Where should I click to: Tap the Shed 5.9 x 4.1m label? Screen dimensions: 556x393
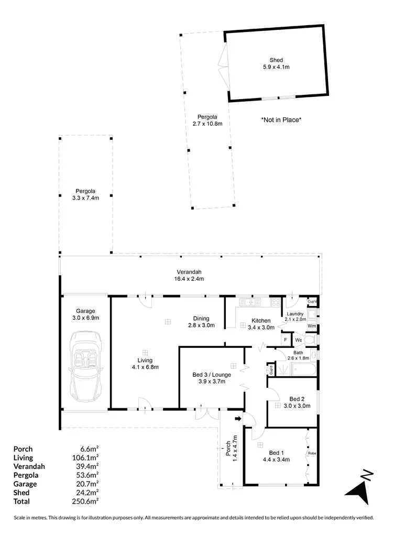[x=276, y=63]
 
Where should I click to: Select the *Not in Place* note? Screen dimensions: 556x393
[x=281, y=120]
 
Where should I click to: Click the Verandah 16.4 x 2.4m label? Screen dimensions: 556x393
[x=189, y=275]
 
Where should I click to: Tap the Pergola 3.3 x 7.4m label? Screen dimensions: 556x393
[x=85, y=194]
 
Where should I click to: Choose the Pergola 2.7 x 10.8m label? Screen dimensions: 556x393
[x=208, y=120]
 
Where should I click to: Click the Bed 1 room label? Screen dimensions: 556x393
[x=276, y=456]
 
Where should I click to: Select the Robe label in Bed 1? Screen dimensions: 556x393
[x=311, y=453]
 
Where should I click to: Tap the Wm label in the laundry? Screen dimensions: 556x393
[x=311, y=326]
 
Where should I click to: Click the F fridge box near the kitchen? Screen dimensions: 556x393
[x=286, y=340]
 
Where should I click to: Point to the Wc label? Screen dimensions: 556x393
[x=298, y=340]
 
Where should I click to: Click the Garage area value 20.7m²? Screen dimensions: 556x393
[x=88, y=484]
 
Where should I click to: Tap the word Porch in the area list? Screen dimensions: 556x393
[x=23, y=449]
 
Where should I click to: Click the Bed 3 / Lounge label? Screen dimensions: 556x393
[x=209, y=378]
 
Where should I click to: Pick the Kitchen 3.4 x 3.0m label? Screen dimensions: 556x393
[x=261, y=324]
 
